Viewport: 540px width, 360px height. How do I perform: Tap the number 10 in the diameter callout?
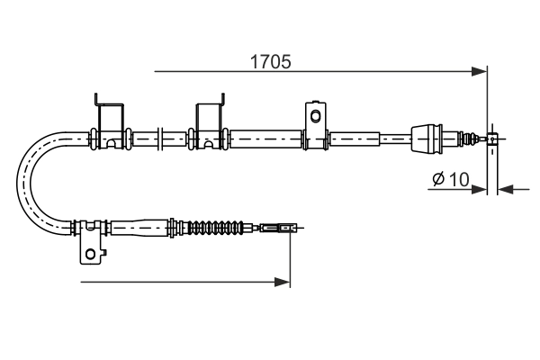pyautogui.click(x=458, y=179)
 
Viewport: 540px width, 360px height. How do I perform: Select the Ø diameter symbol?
pyautogui.click(x=436, y=180)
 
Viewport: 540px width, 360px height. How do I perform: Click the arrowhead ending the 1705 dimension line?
pyautogui.click(x=480, y=69)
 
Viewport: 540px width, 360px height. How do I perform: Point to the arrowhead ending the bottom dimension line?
pyautogui.click(x=283, y=283)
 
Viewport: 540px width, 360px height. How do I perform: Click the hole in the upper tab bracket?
pyautogui.click(x=315, y=116)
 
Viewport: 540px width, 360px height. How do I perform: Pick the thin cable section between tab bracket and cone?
pyautogui.click(x=369, y=139)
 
